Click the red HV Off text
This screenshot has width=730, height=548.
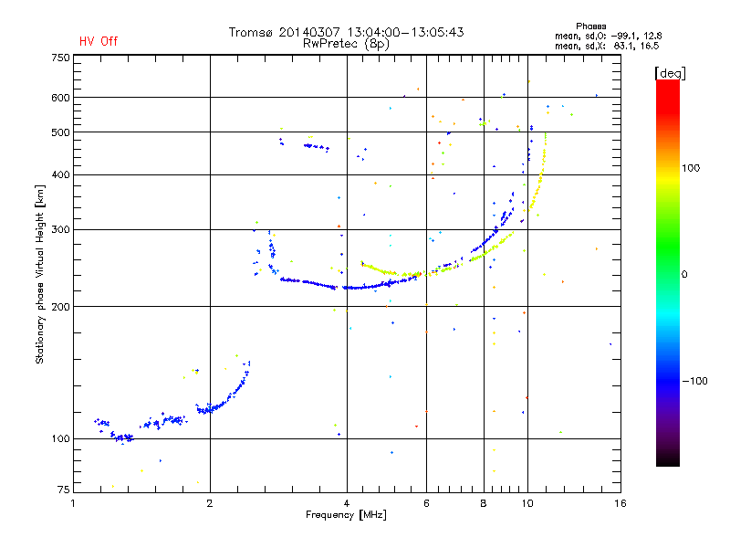[99, 41]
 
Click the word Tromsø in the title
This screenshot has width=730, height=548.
[250, 32]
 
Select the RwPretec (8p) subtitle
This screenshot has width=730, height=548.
[346, 44]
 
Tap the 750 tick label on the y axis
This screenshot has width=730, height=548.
[60, 58]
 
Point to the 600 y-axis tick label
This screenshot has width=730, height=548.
[60, 98]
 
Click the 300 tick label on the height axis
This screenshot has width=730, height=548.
[60, 229]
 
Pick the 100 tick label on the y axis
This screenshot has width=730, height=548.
[60, 438]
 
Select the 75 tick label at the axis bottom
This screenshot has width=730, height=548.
[63, 490]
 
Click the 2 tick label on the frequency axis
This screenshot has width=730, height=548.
[210, 503]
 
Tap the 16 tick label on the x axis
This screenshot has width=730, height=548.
[620, 503]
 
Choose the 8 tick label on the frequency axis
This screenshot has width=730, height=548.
[484, 503]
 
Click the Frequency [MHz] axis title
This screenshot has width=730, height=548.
[346, 515]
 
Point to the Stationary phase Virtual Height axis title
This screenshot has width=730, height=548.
[39, 274]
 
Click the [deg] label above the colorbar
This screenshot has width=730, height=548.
[670, 73]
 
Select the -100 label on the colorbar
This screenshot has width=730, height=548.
[694, 381]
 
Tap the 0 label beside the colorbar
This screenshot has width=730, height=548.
[684, 274]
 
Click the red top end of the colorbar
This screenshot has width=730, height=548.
[668, 83]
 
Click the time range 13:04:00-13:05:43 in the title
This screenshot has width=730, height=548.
[405, 32]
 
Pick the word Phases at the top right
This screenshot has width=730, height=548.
[590, 26]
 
